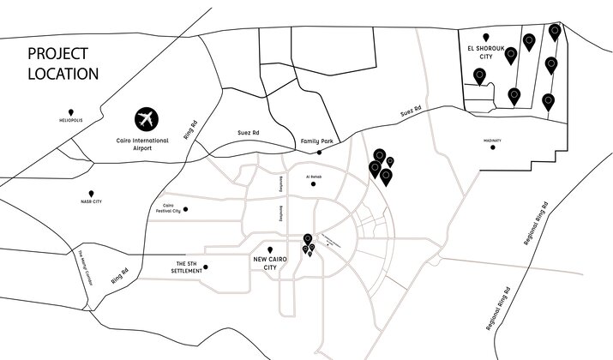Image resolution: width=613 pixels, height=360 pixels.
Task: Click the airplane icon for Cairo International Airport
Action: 147,117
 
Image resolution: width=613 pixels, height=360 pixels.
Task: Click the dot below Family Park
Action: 319,152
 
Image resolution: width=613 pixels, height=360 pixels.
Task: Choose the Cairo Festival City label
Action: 171,208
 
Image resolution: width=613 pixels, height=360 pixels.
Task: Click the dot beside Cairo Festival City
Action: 186,208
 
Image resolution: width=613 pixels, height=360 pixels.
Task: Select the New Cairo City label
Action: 271,262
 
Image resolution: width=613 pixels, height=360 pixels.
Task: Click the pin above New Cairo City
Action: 271,249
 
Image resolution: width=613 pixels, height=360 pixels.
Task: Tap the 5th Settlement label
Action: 188,267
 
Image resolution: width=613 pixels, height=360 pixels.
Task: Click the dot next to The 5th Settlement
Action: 206,267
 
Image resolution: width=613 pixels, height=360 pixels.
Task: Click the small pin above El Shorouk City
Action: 486,37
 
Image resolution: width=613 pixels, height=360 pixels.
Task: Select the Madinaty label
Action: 491,140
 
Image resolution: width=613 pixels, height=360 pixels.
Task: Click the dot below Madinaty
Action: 492,147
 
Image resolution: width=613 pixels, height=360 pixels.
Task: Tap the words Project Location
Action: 63,64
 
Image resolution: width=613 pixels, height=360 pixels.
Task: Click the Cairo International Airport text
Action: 146,141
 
